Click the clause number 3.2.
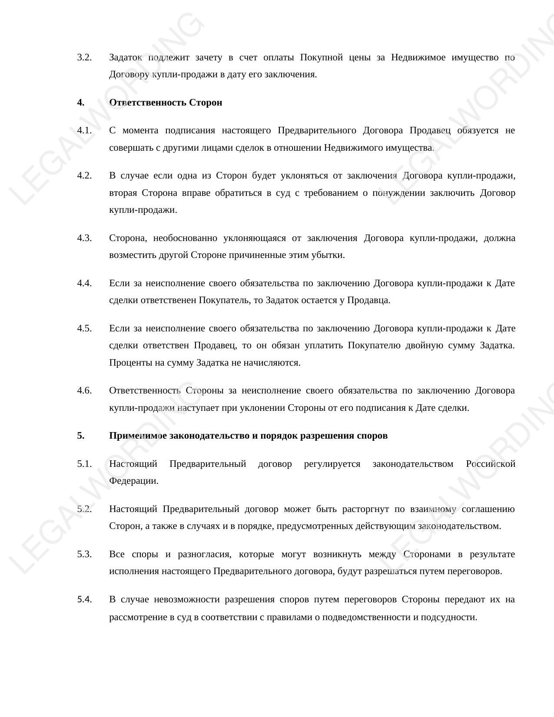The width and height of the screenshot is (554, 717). pos(84,57)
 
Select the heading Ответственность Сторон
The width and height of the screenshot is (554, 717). pos(166,102)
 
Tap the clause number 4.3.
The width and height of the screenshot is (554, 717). pos(84,238)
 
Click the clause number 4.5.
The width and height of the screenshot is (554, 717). pos(84,328)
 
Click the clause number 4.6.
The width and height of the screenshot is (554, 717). pos(84,390)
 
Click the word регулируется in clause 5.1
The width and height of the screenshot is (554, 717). pos(332,464)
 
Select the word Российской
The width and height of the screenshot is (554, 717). pos(490,464)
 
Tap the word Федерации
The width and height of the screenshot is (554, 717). pos(134,481)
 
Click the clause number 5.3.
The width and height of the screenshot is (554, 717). pos(84,554)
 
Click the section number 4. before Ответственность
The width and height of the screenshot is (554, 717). pos(81,102)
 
